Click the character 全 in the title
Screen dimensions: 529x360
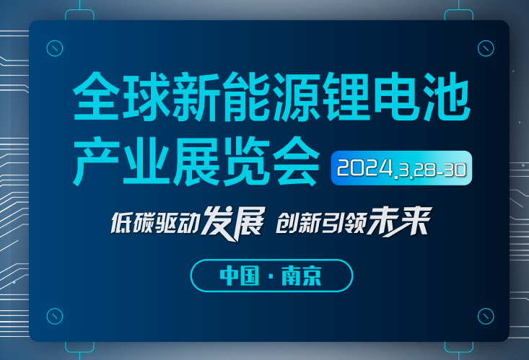[x=96, y=96]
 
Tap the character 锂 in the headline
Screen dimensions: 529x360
[x=347, y=96]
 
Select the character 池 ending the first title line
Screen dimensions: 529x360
[x=447, y=96]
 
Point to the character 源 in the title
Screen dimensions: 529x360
[x=297, y=96]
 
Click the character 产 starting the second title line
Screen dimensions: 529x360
[x=97, y=161]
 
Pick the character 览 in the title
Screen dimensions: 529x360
[x=247, y=161]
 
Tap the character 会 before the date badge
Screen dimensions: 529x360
[x=296, y=161]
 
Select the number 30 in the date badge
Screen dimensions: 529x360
[x=455, y=170]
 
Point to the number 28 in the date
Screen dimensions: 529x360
[x=424, y=170]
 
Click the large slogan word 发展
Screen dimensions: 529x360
[x=233, y=224]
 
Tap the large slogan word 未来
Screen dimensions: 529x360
[x=400, y=221]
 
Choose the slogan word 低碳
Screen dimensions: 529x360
[x=132, y=223]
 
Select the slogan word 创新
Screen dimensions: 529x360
[x=297, y=223]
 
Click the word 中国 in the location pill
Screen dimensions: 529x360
[x=240, y=276]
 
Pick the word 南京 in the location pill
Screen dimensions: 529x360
[x=302, y=276]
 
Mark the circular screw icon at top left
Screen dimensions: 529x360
[x=55, y=48]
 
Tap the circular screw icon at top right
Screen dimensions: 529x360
[x=486, y=48]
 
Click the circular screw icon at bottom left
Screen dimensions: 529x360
[x=55, y=316]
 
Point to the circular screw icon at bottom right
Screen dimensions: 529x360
[x=486, y=316]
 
